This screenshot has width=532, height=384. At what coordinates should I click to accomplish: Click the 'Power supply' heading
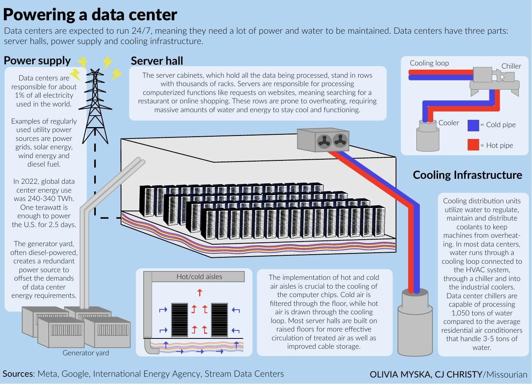coord(37,60)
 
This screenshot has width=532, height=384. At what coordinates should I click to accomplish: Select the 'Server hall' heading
coord(157,61)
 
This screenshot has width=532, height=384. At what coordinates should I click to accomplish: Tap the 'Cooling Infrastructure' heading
coord(467,175)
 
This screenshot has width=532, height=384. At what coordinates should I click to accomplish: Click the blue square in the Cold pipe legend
coord(473,125)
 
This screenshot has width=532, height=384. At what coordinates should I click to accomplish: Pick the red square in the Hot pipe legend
coord(473,145)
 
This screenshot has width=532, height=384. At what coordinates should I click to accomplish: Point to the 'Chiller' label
coord(511,66)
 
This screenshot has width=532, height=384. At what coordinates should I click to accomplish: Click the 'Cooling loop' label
coord(429,63)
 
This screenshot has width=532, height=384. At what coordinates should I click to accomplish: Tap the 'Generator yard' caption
coord(85,353)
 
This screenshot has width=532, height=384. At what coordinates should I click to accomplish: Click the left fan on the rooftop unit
coord(324,141)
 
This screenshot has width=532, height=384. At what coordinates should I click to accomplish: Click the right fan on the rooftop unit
coord(340,141)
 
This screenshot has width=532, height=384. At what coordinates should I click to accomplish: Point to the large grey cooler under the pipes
coord(415,325)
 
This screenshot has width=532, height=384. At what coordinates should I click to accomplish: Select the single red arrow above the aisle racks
coord(200,293)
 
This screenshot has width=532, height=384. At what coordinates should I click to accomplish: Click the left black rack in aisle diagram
coord(179,320)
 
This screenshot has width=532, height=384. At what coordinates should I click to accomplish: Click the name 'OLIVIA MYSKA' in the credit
coord(400,374)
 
